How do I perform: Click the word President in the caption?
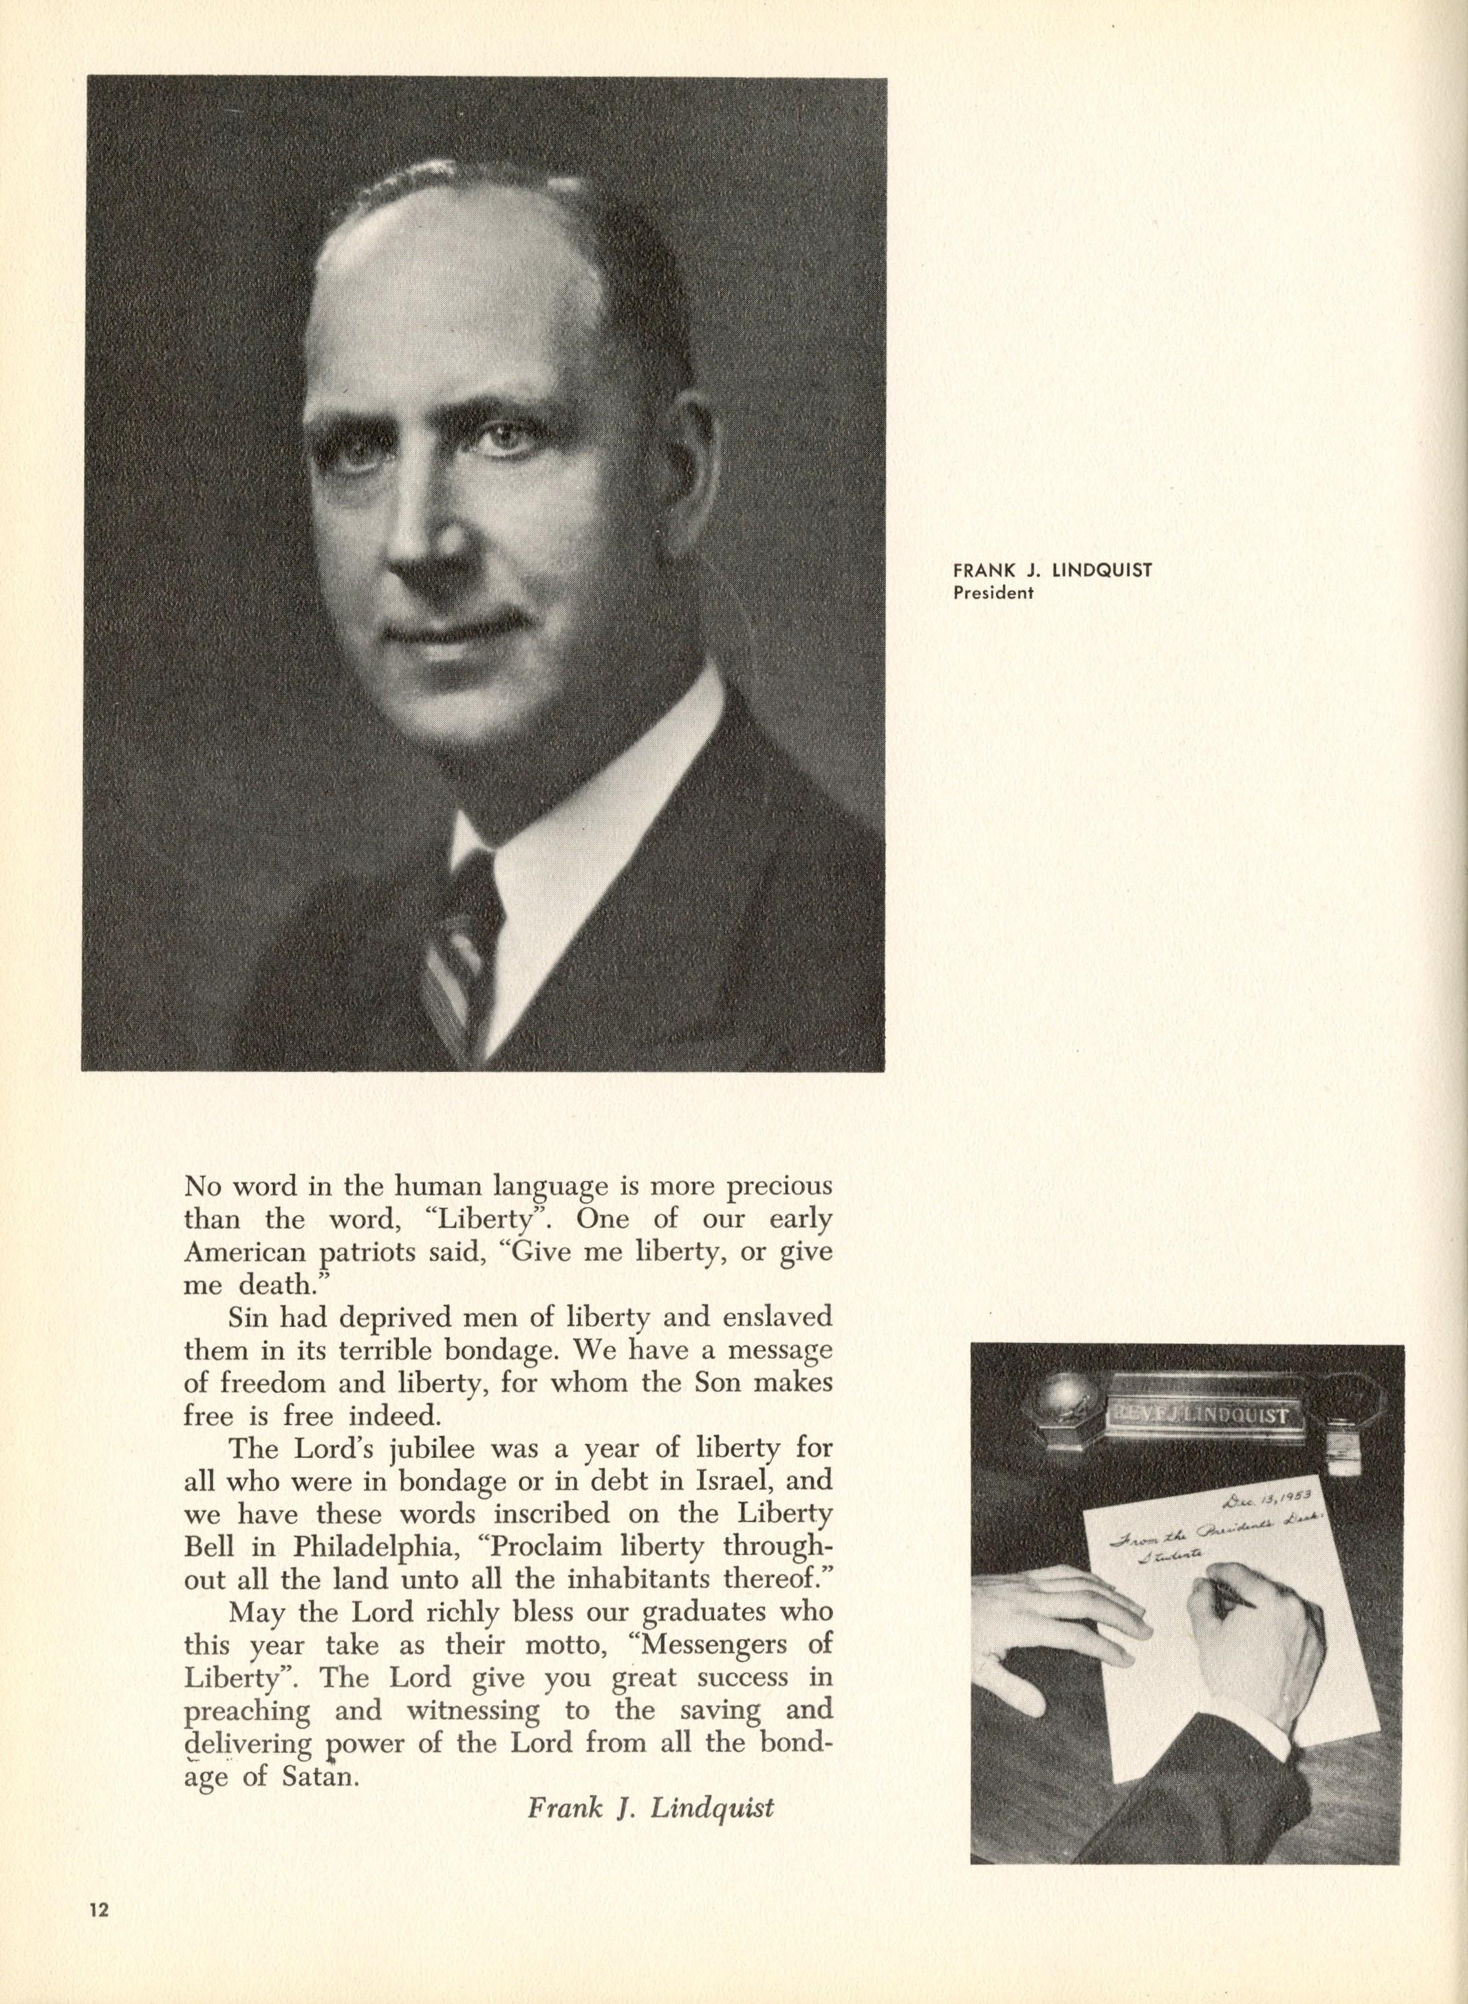coord(993,594)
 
